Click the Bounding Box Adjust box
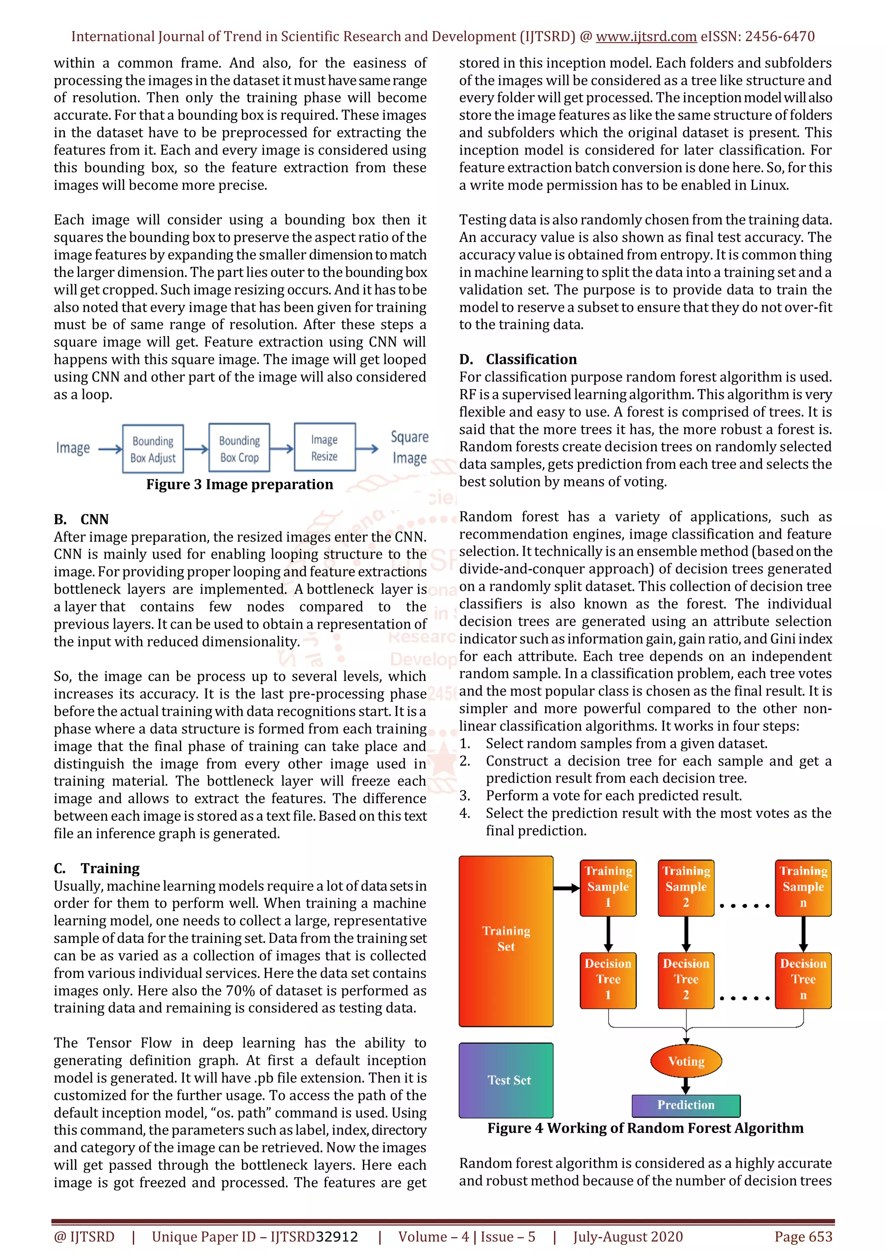tap(153, 449)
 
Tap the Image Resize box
tap(324, 447)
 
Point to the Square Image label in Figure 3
tap(410, 447)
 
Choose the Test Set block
tap(506, 1080)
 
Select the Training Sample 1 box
tap(608, 887)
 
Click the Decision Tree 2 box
tap(686, 980)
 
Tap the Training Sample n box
tap(803, 887)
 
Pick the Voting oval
tap(686, 1061)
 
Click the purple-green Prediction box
tap(686, 1105)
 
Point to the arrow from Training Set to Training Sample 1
tap(566, 888)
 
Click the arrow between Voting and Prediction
tap(686, 1085)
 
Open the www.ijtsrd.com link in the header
tap(646, 37)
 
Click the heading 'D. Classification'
tap(518, 359)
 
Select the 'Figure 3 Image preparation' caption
tap(240, 485)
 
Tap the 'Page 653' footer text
tap(803, 1237)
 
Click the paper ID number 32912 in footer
tap(337, 1237)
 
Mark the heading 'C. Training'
tap(96, 868)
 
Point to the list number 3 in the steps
tap(464, 796)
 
